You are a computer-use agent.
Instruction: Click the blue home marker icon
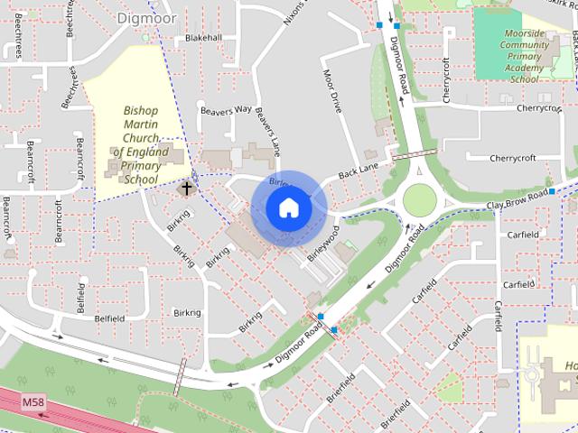pyautogui.click(x=288, y=208)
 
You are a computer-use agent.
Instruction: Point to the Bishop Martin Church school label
pyautogui.click(x=142, y=145)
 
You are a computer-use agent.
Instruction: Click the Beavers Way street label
pyautogui.click(x=228, y=110)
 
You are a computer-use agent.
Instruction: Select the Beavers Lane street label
pyautogui.click(x=265, y=126)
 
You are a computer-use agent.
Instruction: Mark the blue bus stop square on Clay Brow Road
pyautogui.click(x=551, y=192)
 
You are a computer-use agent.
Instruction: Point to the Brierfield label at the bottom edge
pyautogui.click(x=396, y=416)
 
